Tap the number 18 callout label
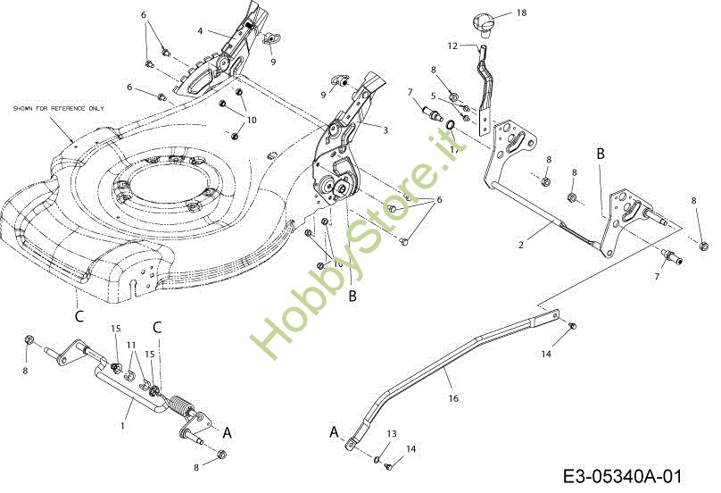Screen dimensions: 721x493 521,13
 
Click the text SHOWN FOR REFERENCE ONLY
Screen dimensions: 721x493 58,108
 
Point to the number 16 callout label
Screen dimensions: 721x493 452,398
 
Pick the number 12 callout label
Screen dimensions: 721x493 452,45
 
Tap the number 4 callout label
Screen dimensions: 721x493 201,31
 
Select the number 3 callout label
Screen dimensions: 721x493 385,130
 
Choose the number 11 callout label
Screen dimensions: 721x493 130,345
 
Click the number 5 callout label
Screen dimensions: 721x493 432,96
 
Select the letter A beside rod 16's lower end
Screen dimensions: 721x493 335,431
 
